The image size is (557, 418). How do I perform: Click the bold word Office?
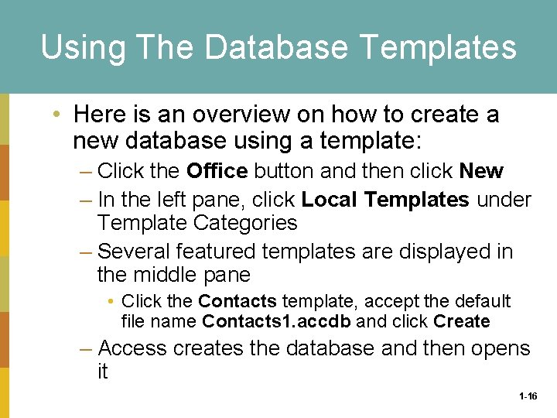(217, 170)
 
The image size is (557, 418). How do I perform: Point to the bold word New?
(481, 170)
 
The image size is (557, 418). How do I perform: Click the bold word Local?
(330, 200)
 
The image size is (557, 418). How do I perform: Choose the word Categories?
(247, 223)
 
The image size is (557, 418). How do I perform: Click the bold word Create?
(462, 321)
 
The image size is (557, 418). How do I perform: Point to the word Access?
(133, 348)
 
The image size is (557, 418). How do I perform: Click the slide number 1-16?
(528, 396)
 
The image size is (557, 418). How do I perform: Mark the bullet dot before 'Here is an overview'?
(58, 115)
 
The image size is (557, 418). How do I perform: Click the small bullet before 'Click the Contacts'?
(111, 301)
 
